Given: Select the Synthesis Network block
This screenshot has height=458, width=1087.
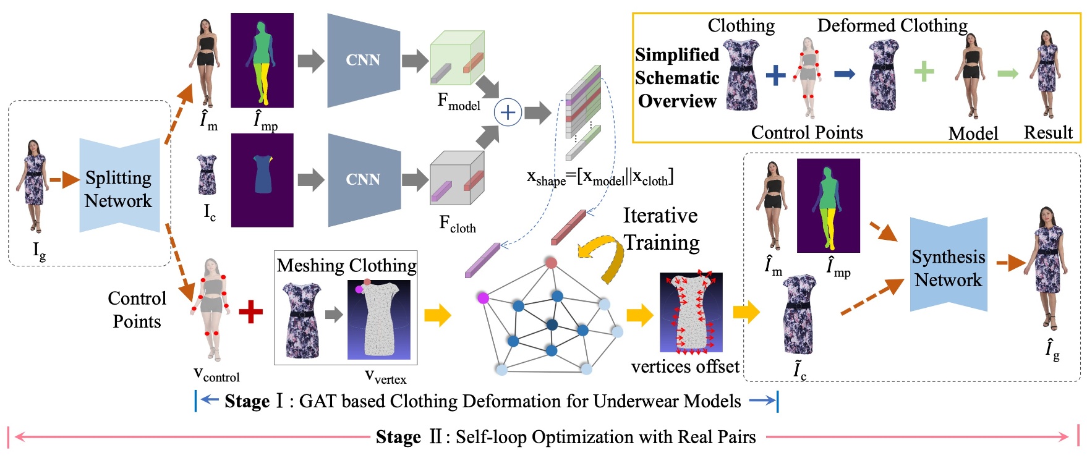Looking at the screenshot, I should point(948,267).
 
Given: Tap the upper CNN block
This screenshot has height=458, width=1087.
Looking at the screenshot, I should point(363,60).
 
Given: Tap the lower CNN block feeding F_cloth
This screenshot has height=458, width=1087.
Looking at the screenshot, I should point(363,179).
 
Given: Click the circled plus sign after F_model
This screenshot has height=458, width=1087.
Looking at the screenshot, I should point(508,112).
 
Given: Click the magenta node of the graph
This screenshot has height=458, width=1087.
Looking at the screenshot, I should point(483,299).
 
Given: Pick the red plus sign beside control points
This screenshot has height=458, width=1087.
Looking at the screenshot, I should point(250,312).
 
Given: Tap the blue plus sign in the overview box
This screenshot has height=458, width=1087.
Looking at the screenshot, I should point(775,75).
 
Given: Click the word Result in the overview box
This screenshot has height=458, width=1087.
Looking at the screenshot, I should point(1047,132).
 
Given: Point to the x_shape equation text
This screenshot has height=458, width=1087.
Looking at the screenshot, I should point(599,177).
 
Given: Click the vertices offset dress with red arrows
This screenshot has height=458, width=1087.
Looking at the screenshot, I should point(691,312).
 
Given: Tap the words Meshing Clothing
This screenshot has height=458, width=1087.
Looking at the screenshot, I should point(346,265).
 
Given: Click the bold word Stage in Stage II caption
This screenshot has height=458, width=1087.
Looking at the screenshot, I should point(398,438).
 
